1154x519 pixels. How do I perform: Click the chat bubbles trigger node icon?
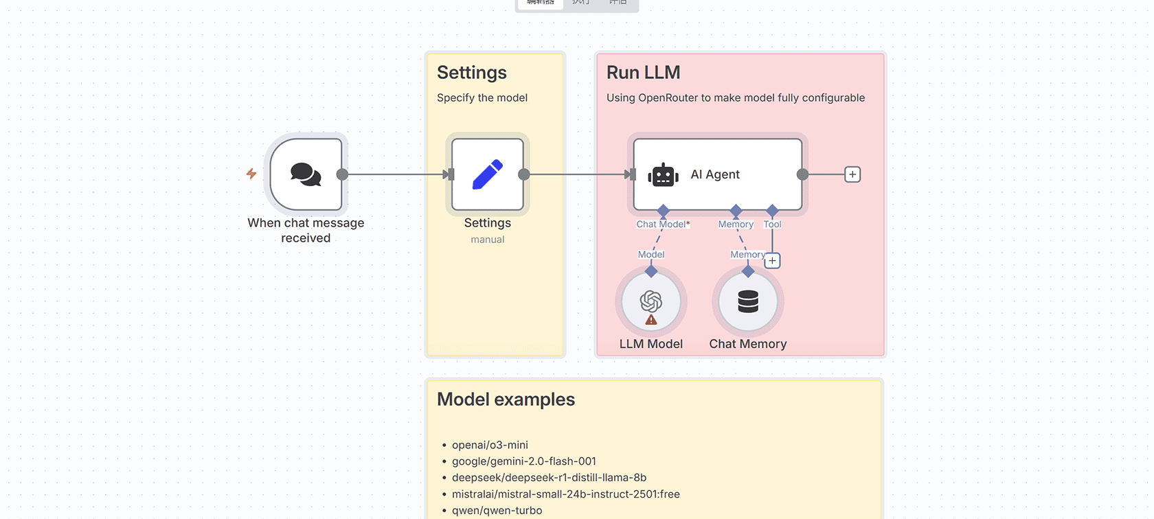tap(306, 174)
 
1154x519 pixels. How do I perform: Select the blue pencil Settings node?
tap(488, 174)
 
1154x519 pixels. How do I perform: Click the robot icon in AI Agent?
tap(663, 175)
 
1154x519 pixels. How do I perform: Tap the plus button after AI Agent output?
tap(852, 174)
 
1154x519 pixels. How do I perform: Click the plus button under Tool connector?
tap(772, 261)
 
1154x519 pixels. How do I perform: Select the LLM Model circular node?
tap(651, 301)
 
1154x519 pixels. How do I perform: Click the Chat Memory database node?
tap(748, 301)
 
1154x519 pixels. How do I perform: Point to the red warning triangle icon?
tap(651, 320)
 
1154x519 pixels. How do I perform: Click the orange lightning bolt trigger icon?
tap(251, 174)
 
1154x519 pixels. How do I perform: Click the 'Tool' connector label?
tap(772, 224)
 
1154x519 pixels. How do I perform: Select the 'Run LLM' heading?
tap(643, 73)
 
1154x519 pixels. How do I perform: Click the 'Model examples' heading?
tap(506, 400)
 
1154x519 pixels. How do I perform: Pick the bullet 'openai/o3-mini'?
tap(490, 445)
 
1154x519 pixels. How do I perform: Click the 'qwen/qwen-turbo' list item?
tap(497, 511)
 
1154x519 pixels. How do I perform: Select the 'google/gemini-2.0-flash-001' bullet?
tap(523, 461)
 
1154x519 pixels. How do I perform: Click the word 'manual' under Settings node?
tap(488, 240)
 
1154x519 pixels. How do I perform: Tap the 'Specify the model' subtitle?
tap(482, 97)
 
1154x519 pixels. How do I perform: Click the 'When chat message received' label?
tap(306, 231)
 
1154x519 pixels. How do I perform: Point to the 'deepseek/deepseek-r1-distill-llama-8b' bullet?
tap(549, 478)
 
